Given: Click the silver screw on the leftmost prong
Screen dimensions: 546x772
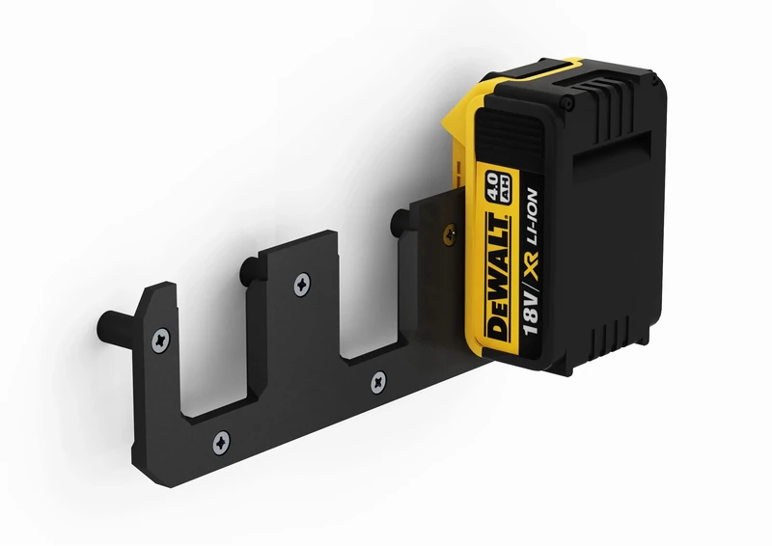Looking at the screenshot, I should [159, 339].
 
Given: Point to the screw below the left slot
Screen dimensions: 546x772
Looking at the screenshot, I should [221, 443].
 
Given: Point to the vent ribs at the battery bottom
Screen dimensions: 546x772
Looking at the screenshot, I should [602, 333].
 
